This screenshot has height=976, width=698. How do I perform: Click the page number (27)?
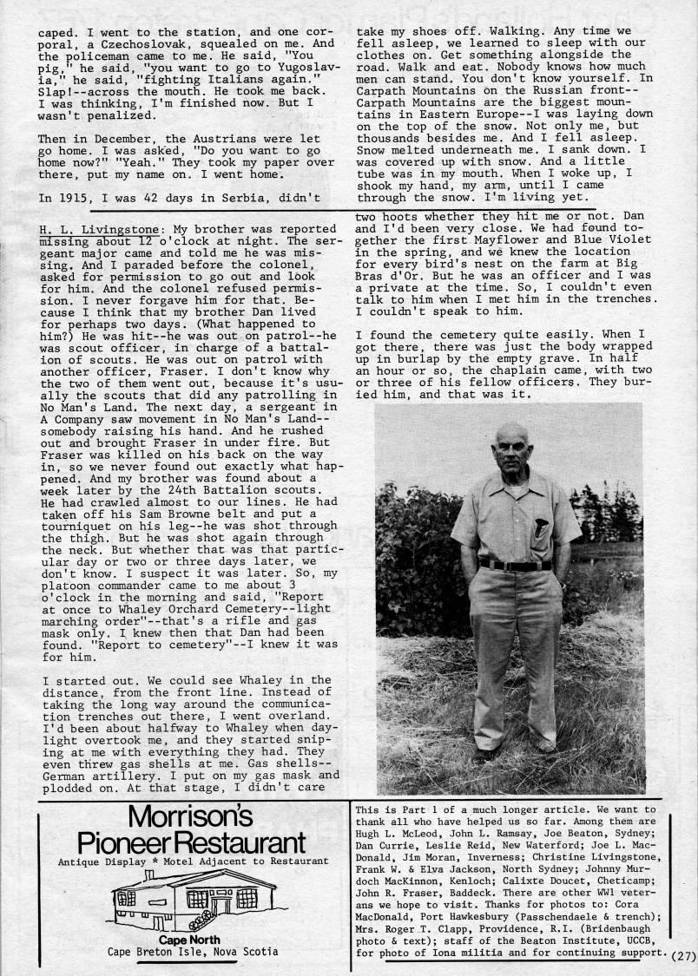tap(683, 957)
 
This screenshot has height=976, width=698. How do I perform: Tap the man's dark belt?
tap(515, 565)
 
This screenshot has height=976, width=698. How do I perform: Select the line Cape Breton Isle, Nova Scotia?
tap(192, 952)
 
